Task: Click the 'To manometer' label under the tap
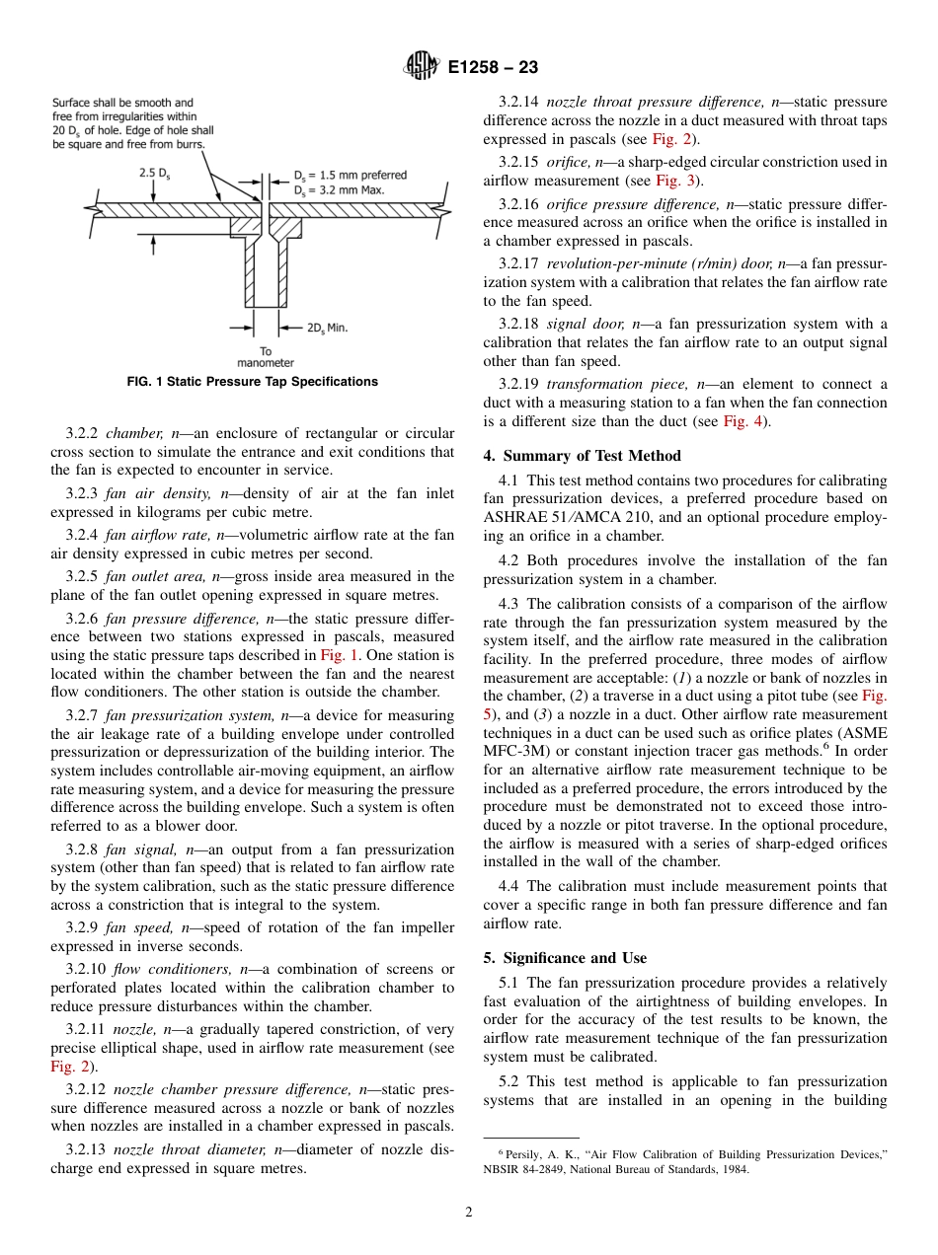click(x=266, y=357)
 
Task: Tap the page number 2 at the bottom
click(x=469, y=1213)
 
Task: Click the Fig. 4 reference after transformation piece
click(x=744, y=422)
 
